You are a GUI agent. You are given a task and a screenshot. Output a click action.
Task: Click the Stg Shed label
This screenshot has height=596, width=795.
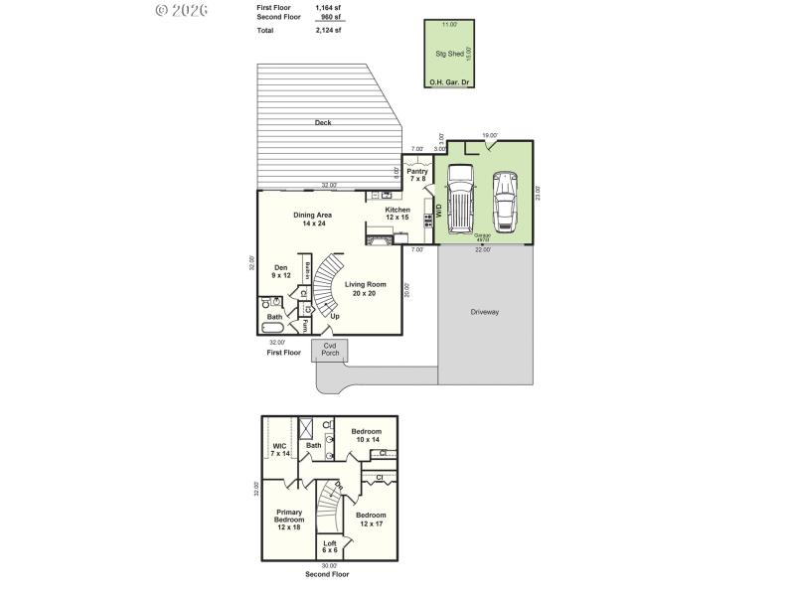448,54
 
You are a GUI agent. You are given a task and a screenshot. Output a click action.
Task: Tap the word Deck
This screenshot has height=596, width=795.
323,122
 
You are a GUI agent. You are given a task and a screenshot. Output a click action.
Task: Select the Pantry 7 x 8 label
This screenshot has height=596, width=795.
417,175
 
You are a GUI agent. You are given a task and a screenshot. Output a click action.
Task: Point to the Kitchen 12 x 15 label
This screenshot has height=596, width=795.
397,214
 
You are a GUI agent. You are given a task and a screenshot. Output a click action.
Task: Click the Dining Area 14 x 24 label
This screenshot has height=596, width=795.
312,220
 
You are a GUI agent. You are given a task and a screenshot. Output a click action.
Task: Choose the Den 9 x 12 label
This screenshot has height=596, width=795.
281,270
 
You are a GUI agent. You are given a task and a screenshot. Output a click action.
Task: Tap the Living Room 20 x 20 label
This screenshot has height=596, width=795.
366,289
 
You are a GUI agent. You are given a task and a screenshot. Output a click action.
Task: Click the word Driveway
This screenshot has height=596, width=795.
485,312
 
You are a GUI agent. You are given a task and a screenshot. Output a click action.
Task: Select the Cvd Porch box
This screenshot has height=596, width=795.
330,350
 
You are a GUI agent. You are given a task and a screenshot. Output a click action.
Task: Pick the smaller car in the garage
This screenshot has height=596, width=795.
506,201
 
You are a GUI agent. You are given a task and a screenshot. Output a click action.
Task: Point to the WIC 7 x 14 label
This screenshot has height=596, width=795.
280,449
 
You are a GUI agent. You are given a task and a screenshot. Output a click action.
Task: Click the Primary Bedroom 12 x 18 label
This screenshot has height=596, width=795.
289,519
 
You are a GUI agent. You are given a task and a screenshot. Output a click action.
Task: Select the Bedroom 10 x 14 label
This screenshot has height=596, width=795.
367,435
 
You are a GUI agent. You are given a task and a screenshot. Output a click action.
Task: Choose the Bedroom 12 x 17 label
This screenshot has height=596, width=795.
371,519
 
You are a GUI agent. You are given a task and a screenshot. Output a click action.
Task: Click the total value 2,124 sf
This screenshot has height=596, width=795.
328,31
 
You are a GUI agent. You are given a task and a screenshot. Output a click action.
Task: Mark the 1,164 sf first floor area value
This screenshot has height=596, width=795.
328,7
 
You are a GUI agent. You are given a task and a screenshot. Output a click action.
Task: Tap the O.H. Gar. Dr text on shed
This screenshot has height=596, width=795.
448,81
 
